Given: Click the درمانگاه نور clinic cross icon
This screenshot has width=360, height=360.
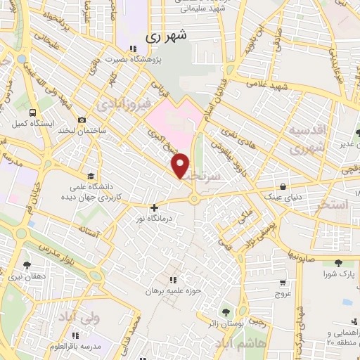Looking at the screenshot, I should click(x=154, y=207).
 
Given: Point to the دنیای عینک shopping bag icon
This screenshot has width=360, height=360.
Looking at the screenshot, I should click(x=283, y=187).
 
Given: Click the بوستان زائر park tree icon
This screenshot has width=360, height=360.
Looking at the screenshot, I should click(x=226, y=311).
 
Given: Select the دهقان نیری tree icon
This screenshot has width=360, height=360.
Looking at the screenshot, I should click(x=27, y=265).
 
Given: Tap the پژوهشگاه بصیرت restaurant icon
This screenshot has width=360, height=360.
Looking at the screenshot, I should click(x=134, y=49).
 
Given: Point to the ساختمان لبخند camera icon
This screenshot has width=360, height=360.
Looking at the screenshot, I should click(x=82, y=120).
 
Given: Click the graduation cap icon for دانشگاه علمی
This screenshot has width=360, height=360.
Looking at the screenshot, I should click(x=90, y=176).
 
